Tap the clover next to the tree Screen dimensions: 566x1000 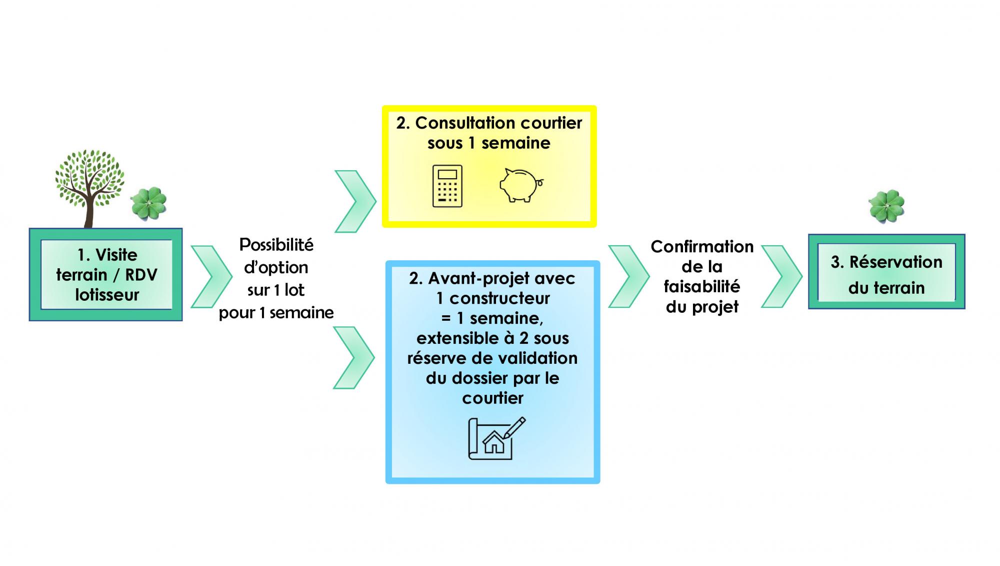pos(148,203)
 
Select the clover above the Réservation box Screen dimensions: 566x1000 pos(886,206)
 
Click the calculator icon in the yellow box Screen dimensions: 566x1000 pos(447,186)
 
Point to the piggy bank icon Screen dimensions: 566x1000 pos(520,185)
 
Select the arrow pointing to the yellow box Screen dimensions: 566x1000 pos(355,201)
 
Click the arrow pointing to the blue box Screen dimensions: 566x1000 pos(354,357)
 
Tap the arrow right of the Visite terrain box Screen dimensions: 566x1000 pos(211,276)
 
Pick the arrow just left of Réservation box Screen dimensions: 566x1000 pos(781,276)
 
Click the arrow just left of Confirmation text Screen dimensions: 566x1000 pos(628,276)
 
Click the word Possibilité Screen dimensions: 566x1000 pos(276,245)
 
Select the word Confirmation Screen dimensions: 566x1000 pos(702,247)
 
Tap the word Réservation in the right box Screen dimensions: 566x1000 pos(896,262)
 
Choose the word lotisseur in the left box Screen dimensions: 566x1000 pos(107,295)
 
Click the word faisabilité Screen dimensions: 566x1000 pos(702,287)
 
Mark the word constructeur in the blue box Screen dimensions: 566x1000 pos(499,299)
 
